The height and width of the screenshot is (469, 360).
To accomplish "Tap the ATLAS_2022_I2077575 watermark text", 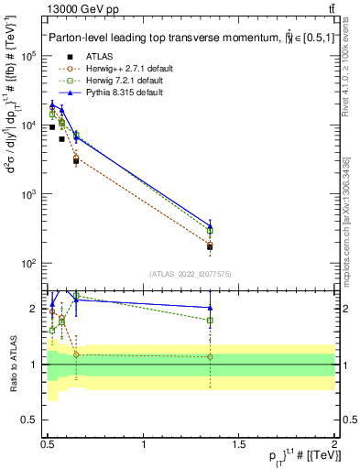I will (191, 273).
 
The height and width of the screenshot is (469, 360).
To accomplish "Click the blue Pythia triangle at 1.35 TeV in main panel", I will (211, 224).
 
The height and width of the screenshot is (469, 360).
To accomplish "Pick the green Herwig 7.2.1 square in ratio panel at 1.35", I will (211, 321).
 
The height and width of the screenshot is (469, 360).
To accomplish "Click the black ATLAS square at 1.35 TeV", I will (211, 247).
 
